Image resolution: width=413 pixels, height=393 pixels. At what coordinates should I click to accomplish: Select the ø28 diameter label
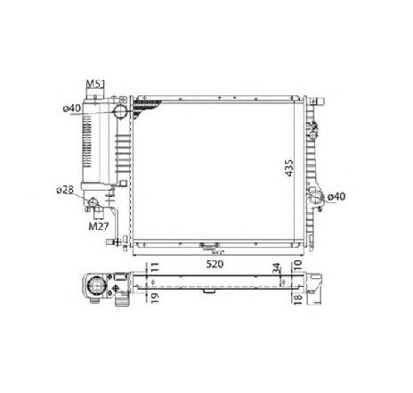click(x=64, y=190)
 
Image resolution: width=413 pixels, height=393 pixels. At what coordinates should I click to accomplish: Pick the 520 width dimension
click(x=214, y=265)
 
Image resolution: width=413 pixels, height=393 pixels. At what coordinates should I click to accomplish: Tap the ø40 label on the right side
click(x=337, y=196)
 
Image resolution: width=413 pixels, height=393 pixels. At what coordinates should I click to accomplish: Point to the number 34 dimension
click(x=277, y=267)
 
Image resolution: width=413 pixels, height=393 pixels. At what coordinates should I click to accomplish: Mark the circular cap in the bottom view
click(x=93, y=288)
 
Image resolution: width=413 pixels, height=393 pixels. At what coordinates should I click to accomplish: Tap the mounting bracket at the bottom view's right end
click(x=316, y=283)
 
